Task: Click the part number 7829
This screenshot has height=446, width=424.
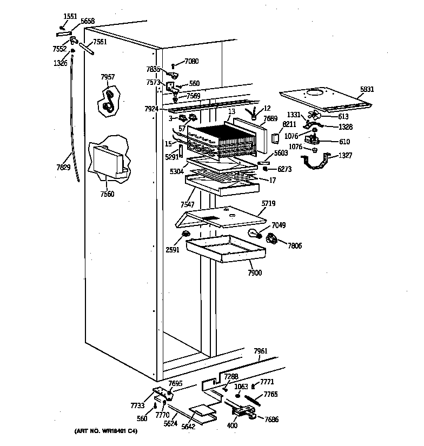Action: [63, 168]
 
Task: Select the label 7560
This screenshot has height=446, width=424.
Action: [108, 194]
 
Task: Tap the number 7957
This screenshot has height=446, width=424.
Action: [108, 77]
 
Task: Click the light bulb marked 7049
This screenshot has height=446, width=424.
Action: [255, 234]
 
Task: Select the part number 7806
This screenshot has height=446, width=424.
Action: [294, 246]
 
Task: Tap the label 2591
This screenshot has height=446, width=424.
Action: [173, 250]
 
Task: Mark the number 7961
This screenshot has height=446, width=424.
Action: [261, 351]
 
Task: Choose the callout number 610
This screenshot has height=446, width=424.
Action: [344, 142]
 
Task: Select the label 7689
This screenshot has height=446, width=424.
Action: [270, 118]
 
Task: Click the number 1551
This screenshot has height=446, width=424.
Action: [70, 16]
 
